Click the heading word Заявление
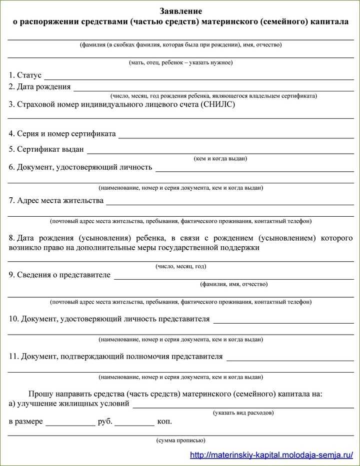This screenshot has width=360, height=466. (180, 10)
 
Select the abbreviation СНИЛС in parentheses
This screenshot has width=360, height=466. (217, 104)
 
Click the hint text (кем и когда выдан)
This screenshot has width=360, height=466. (220, 159)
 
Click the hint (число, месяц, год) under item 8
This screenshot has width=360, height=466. (181, 266)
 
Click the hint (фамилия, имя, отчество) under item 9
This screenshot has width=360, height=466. (234, 284)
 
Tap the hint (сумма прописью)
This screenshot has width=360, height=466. (181, 441)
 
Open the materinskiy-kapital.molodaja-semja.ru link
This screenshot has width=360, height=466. (272, 455)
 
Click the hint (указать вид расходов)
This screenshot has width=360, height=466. (243, 413)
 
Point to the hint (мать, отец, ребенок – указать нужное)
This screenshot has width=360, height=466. (181, 62)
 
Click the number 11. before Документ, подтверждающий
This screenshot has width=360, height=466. (13, 356)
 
